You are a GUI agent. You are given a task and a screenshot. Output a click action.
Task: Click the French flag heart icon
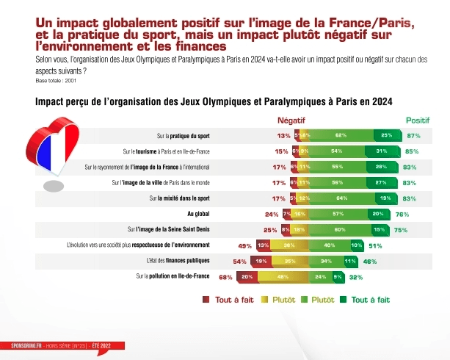pos(52,151)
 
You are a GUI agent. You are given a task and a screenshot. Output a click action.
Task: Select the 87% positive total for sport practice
pos(413,136)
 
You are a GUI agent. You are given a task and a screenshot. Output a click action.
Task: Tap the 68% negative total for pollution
pos(225,277)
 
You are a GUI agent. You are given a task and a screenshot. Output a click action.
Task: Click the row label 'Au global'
pos(199,214)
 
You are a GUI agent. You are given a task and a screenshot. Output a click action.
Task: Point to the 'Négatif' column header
pos(291,120)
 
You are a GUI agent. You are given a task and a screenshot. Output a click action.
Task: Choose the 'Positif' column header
pos(418,120)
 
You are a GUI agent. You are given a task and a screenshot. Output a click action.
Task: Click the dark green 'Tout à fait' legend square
pos(344,300)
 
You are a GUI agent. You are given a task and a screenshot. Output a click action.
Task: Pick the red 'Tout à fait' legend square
pos(206,300)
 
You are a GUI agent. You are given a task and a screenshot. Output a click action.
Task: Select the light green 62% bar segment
pos(341,136)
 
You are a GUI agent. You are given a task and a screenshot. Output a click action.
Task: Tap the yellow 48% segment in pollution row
pos(282,277)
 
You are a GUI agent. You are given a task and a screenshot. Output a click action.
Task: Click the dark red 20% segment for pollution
pos(246,277)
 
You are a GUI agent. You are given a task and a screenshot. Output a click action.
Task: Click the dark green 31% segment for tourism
pos(381,151)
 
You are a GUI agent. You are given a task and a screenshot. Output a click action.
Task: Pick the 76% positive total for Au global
pos(402,214)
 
